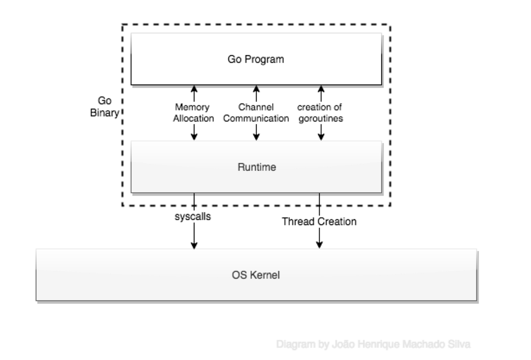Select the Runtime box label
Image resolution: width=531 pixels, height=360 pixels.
pos(256,167)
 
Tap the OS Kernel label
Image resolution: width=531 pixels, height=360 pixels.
pos(256,275)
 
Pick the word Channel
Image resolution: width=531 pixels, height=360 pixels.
pos(256,107)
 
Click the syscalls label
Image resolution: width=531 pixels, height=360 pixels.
pos(194,218)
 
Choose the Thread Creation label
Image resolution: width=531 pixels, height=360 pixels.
pos(319,222)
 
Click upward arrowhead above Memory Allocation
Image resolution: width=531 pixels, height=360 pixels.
pos(194,88)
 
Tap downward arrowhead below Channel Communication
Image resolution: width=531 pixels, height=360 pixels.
pos(256,138)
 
